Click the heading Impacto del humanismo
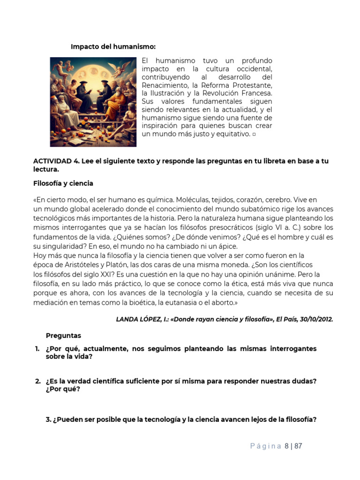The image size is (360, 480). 113,46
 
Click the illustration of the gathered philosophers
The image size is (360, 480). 93,102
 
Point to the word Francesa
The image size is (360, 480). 255,93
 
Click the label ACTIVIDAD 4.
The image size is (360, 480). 56,161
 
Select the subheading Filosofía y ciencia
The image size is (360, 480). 63,183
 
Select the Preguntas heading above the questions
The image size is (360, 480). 63,336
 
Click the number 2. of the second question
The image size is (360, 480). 37,381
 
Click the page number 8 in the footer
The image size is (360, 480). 286,446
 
